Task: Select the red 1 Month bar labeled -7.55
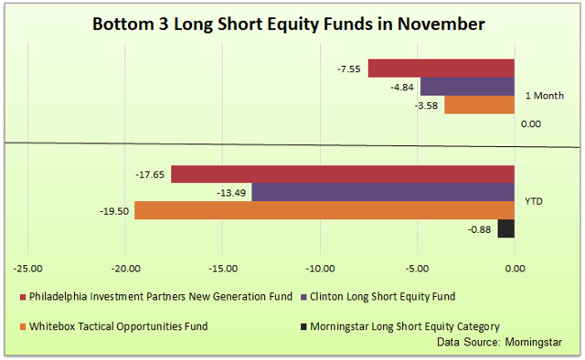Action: point(441,69)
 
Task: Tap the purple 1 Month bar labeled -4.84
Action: point(466,87)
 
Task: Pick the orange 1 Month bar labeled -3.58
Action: point(479,105)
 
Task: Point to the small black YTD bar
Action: point(505,228)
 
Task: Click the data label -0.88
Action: point(480,229)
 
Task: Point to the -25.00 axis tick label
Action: point(27,269)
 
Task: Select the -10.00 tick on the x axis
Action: point(319,269)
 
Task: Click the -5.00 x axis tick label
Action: point(417,269)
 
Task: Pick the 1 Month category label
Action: point(544,96)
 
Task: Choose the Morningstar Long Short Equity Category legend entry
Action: point(403,326)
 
